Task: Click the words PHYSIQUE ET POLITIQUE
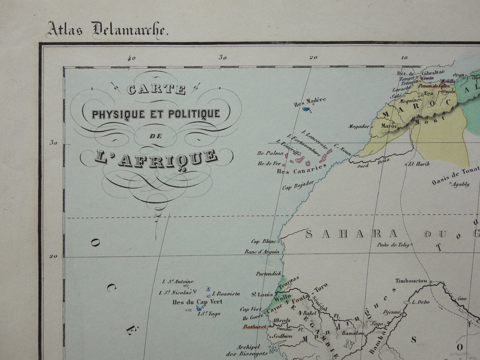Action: (x=156, y=114)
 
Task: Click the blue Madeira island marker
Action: (x=307, y=109)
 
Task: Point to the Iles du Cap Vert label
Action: (x=197, y=302)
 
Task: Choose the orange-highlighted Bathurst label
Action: (x=254, y=327)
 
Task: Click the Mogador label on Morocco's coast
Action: (x=359, y=127)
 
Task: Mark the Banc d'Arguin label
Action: (x=262, y=252)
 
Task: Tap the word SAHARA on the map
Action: (x=351, y=234)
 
